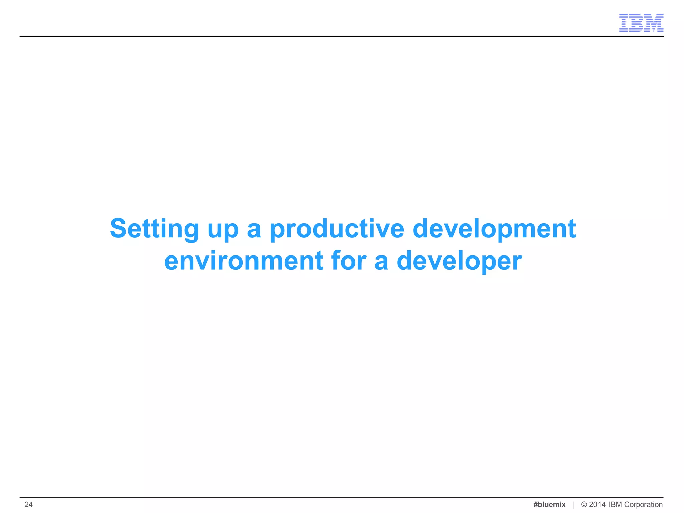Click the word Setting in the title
point(154,229)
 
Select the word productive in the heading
point(337,229)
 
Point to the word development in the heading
point(494,229)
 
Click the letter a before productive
point(254,230)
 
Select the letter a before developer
point(381,262)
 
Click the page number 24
point(29,504)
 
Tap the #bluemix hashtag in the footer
point(549,504)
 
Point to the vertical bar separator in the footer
point(574,505)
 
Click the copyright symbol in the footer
point(584,504)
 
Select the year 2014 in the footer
point(597,504)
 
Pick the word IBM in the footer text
point(615,504)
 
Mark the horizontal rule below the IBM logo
point(341,36)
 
